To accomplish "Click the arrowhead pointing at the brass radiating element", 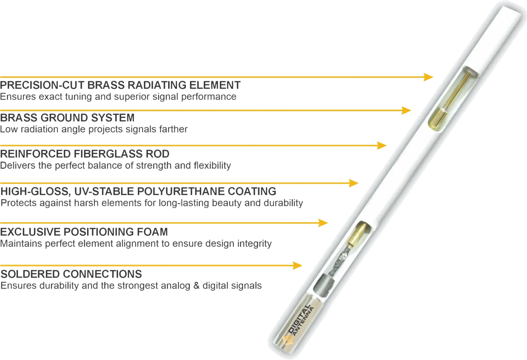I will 428,77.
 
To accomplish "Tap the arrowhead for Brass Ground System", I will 405,110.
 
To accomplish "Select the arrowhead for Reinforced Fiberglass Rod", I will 382,145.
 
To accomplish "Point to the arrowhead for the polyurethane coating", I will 353,183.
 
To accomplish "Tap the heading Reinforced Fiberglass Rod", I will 86,154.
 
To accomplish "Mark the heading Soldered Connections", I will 71,274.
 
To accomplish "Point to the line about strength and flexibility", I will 116,166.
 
